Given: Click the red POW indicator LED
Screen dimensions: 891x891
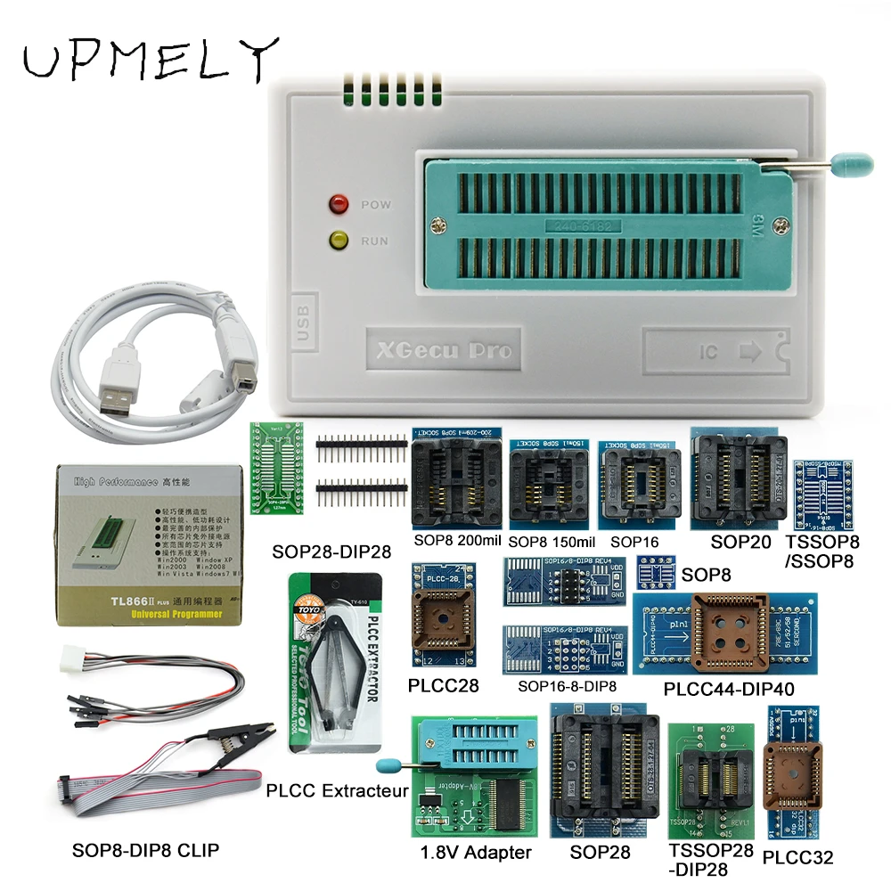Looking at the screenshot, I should coord(339,204).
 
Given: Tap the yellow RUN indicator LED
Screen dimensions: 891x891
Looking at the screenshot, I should coord(339,241).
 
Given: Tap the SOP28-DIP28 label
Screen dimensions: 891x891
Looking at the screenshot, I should coord(331,552).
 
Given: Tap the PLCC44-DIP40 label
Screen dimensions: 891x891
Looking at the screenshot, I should coord(729,689).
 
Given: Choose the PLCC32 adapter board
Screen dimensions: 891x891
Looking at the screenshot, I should coord(785,775).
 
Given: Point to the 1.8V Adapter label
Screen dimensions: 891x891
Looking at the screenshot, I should coord(476,853).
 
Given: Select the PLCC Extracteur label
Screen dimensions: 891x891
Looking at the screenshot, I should coord(337,790).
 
